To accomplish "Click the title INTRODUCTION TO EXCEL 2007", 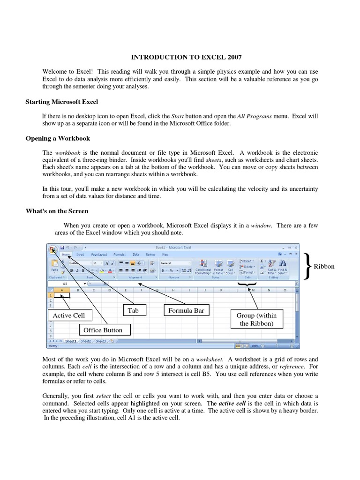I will [180, 57].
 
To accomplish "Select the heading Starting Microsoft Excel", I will [61, 102].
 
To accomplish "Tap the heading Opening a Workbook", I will [58, 138].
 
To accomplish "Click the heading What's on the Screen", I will [57, 211].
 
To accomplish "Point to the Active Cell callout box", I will [69, 315].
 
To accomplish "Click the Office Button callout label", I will [103, 330].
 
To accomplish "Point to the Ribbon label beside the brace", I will [324, 266].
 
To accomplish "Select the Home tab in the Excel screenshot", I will [66, 255].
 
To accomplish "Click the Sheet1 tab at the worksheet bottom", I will [71, 341].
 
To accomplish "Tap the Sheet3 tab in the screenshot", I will [100, 341].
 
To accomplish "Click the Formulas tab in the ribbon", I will [120, 255].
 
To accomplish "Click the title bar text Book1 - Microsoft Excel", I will [173, 247].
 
